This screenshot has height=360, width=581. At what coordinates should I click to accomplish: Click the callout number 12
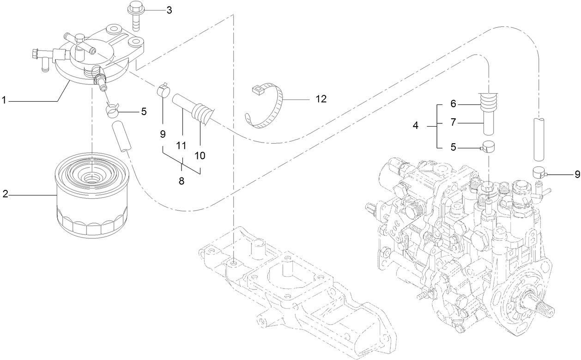(321, 99)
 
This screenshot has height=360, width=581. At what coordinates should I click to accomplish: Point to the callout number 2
(5, 194)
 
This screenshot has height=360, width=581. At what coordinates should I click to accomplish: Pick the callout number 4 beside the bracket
(415, 125)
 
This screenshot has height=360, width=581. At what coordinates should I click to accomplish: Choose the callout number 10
(200, 155)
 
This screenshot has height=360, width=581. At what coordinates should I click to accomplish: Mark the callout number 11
(181, 146)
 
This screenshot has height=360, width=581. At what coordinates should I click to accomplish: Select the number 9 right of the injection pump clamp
(577, 175)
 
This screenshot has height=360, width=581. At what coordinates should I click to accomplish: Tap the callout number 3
(169, 10)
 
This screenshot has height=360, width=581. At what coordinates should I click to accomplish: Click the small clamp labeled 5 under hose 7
(489, 147)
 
